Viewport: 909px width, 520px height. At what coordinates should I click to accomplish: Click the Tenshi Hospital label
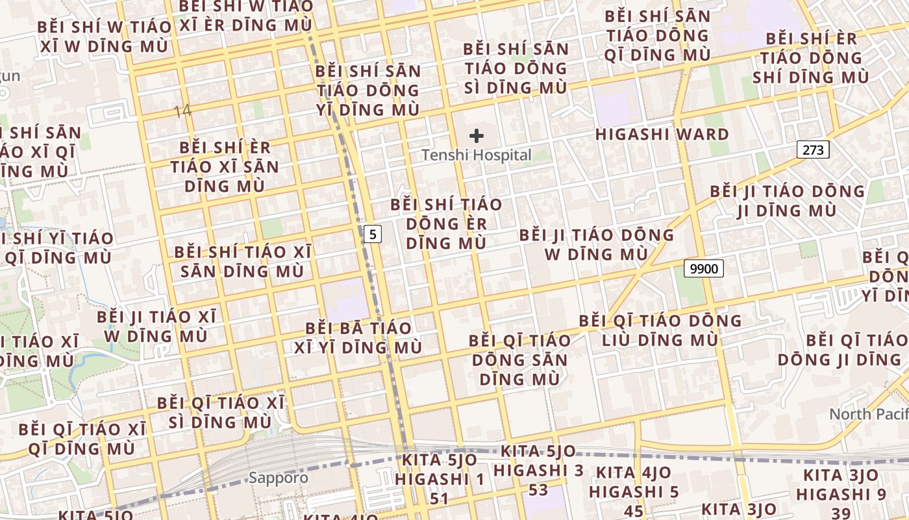477,155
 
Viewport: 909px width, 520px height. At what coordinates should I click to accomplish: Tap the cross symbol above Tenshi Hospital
477,136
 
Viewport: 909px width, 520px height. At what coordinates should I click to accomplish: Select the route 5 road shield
371,234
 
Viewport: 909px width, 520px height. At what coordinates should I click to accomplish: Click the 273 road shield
813,150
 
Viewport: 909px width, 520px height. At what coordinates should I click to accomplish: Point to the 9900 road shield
703,268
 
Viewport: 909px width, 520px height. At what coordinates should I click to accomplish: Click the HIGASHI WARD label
662,135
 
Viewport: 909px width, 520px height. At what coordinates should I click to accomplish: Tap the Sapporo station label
279,478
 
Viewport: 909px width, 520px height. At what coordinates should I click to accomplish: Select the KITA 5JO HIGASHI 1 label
440,479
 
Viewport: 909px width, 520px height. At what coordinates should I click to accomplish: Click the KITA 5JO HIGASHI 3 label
538,470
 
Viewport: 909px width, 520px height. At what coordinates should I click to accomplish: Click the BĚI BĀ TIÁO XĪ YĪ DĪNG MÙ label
358,337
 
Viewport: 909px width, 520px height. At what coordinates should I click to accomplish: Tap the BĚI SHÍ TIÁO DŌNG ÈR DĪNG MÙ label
446,224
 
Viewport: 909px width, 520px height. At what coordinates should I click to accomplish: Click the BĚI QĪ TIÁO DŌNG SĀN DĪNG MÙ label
519,359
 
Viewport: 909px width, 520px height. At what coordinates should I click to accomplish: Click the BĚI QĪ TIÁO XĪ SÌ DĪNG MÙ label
220,413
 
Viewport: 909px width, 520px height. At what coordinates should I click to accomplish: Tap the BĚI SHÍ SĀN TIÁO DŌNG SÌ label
516,68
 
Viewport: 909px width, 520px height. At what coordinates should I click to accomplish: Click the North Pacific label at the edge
868,414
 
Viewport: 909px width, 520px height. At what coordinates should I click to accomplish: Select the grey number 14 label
182,110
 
